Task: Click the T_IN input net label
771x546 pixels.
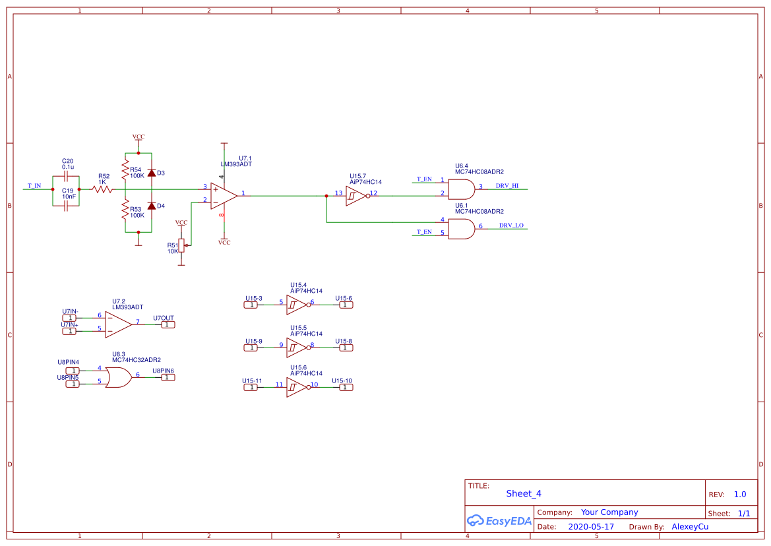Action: pos(34,186)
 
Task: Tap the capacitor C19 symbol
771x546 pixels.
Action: pos(66,206)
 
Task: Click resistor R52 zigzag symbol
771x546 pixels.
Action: pos(102,189)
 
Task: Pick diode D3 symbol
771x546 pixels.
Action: pos(152,173)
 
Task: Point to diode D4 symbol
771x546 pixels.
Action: pos(152,206)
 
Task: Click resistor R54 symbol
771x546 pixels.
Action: pos(125,169)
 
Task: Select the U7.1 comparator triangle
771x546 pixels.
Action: pos(223,196)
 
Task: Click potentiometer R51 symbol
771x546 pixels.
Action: pos(181,247)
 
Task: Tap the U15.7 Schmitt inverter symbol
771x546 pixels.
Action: pos(356,196)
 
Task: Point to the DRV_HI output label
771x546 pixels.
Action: pos(507,186)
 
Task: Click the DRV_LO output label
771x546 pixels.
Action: pos(511,226)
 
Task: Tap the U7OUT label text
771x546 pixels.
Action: pos(164,318)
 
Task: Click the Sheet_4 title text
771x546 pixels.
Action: pos(524,493)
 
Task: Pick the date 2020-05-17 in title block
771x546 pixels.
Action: pos(591,527)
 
